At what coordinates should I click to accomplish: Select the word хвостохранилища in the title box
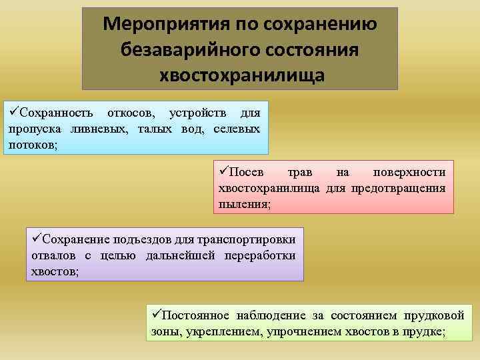tap(242, 75)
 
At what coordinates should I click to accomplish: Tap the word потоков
tap(32, 143)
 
